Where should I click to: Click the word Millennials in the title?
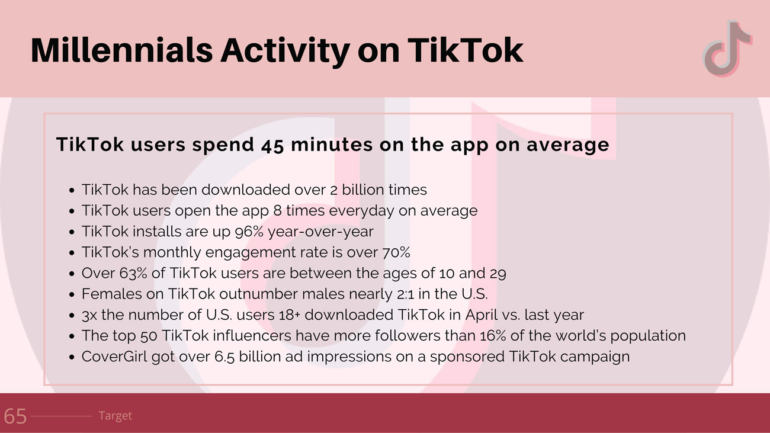click(122, 50)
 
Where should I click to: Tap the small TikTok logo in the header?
click(727, 48)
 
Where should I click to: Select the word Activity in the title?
click(285, 51)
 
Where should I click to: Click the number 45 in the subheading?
click(272, 145)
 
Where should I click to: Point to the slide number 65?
click(15, 416)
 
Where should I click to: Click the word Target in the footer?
click(115, 416)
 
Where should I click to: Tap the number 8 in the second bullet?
click(277, 211)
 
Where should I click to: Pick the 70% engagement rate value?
click(396, 252)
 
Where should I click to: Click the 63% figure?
click(133, 274)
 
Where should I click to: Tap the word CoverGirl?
click(114, 357)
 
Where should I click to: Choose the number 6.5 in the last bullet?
click(224, 357)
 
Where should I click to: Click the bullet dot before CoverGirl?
click(72, 357)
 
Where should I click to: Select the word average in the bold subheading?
click(568, 145)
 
